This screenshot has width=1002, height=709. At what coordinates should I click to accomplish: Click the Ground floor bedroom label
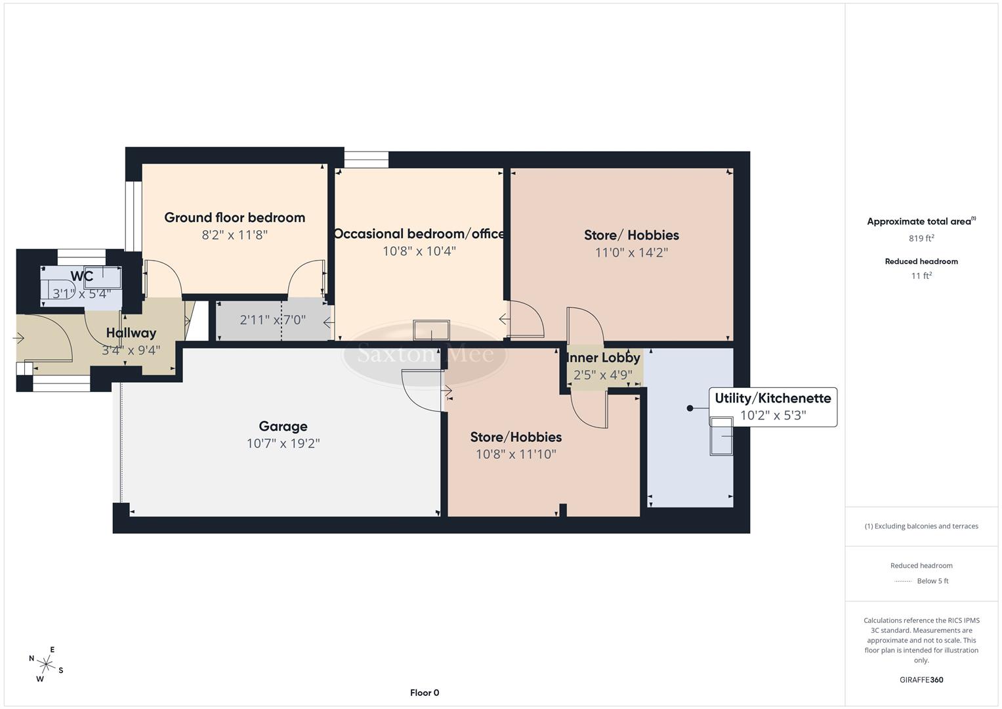tap(234, 217)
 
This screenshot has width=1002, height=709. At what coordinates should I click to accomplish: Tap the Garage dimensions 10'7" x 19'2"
tap(283, 444)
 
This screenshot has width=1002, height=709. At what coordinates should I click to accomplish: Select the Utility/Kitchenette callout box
tap(772, 407)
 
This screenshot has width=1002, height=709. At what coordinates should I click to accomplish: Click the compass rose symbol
tap(46, 664)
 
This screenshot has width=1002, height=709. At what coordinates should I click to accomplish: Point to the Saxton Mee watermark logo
tap(425, 354)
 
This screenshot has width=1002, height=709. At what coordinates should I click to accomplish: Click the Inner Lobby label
tap(603, 358)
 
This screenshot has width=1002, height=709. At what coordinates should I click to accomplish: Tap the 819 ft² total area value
tap(921, 238)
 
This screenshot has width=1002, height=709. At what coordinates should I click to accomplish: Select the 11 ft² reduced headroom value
tap(921, 276)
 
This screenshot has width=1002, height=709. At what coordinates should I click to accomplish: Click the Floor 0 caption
tap(425, 693)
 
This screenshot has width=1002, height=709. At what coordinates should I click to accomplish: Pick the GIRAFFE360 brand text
tap(921, 679)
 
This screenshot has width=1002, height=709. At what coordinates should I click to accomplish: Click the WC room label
tap(82, 276)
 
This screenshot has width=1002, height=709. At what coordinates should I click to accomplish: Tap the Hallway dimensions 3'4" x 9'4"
tap(131, 351)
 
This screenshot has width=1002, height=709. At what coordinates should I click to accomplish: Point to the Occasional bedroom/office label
tap(419, 234)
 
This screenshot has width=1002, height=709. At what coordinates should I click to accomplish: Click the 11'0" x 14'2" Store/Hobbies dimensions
tap(631, 253)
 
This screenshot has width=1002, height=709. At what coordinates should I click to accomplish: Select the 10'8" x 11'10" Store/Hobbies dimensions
tap(516, 454)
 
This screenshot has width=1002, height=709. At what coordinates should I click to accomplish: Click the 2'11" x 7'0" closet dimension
tap(272, 320)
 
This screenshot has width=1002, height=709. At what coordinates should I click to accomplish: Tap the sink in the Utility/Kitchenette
tap(722, 436)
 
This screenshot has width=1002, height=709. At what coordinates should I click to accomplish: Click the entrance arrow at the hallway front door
tap(18, 338)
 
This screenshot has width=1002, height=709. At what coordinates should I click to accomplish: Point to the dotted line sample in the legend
tap(903, 582)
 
